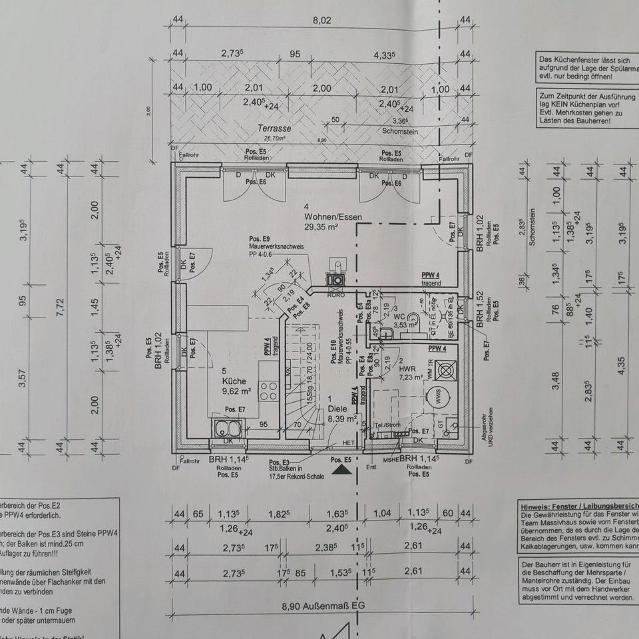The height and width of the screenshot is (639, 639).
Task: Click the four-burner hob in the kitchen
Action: [x=269, y=389]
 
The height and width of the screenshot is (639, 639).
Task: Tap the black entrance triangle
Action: [x=342, y=470]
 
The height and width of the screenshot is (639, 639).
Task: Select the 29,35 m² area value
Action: [x=321, y=226]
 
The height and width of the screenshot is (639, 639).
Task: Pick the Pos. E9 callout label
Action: [x=260, y=239]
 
